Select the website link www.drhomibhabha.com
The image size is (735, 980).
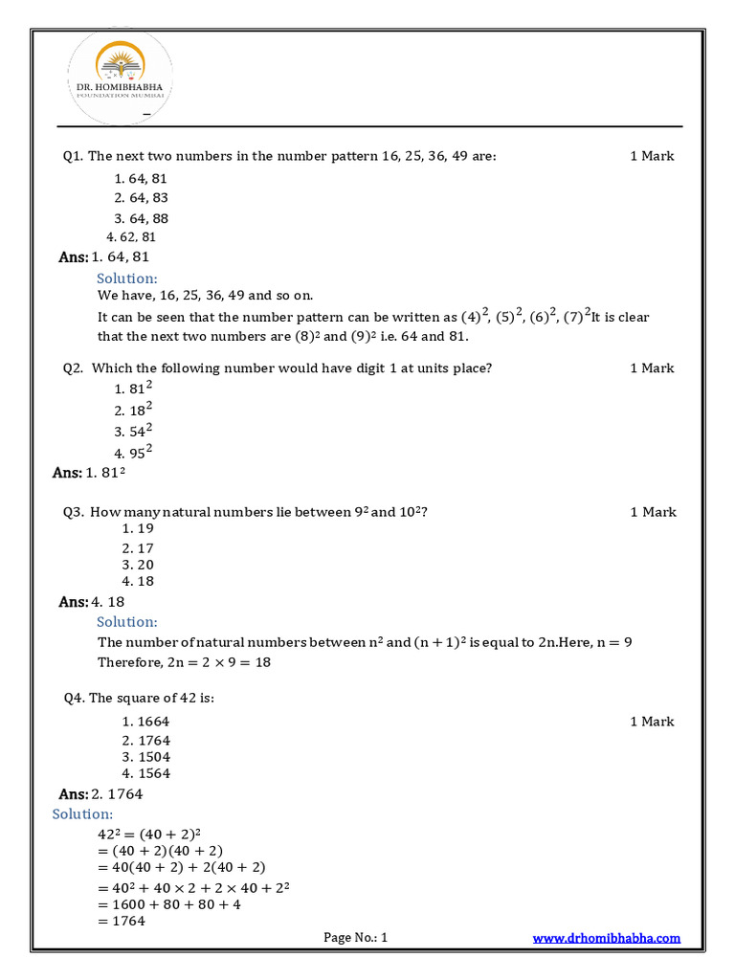[606, 938]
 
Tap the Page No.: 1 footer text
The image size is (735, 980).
[356, 938]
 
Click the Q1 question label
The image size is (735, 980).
[74, 156]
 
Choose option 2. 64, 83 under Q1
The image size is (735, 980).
[142, 198]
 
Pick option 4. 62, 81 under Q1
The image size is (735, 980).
[132, 236]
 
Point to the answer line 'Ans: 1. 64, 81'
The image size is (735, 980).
[104, 256]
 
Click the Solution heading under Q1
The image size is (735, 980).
[126, 278]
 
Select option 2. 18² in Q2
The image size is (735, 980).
[134, 410]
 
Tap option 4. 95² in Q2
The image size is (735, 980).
[134, 452]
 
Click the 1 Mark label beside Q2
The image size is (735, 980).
[652, 368]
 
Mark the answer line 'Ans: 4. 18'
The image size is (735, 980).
[92, 602]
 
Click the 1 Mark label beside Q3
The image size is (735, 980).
[653, 512]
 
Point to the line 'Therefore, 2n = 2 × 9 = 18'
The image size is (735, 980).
[184, 662]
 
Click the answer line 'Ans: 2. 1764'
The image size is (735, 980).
[101, 794]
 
